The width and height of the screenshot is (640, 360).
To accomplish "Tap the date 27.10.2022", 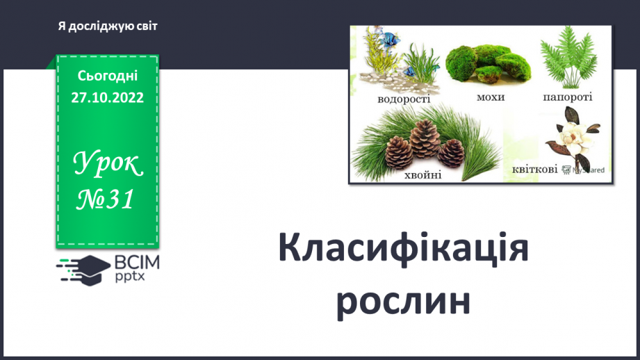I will (x=107, y=98).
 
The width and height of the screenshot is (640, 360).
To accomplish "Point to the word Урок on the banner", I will (x=108, y=164).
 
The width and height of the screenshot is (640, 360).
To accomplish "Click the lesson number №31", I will (x=105, y=200).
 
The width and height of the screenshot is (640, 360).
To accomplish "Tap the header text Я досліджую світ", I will (x=108, y=26).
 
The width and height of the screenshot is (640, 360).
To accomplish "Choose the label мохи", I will (x=491, y=97).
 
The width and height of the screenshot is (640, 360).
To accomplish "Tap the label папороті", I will (x=567, y=97).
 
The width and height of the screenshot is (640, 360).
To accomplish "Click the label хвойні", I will (x=422, y=175).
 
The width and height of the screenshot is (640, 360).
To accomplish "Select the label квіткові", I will (x=534, y=169).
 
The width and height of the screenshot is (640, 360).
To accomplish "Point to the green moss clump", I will (x=488, y=66).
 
